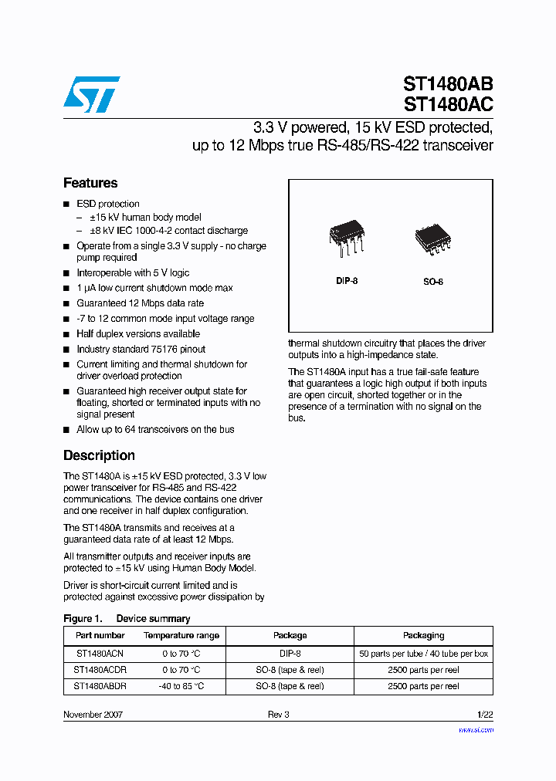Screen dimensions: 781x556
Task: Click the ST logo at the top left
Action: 91,93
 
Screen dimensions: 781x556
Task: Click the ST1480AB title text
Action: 448,84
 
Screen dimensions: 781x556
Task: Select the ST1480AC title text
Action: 448,104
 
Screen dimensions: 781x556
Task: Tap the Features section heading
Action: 90,183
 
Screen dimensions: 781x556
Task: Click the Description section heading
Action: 99,455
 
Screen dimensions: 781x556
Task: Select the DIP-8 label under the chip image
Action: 347,282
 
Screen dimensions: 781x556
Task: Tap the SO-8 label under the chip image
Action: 432,282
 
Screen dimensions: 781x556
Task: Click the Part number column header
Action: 100,635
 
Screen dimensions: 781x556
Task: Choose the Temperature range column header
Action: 181,635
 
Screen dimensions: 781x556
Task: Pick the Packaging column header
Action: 423,635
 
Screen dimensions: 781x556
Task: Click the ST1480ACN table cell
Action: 100,654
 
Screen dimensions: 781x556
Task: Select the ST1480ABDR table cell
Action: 100,686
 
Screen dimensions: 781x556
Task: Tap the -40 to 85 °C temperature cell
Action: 181,686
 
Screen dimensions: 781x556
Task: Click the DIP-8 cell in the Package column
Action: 290,654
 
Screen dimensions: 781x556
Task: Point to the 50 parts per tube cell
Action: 423,654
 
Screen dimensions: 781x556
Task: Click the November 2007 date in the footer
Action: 93,715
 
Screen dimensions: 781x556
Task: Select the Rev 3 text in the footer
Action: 278,715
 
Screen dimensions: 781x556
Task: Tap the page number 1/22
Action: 483,715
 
